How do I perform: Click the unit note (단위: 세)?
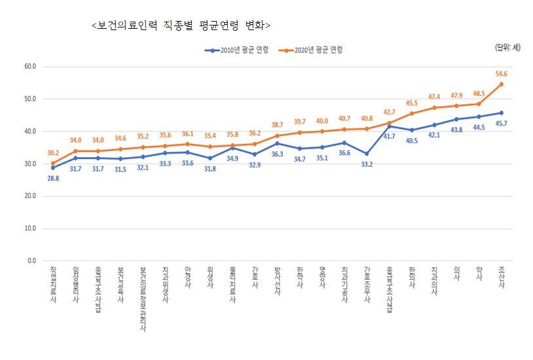pos(507,46)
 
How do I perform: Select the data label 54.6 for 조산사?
pos(501,74)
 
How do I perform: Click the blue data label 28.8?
pos(53,178)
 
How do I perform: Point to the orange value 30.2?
pos(53,153)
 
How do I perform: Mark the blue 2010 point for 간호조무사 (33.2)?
pos(367,154)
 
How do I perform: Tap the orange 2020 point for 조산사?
pos(501,84)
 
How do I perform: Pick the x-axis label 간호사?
pos(255,279)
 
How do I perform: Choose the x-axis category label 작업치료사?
pos(53,283)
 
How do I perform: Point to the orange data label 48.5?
pos(479,94)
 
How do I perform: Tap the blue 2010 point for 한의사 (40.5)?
pos(411,130)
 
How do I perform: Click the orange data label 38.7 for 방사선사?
pos(277,124)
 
